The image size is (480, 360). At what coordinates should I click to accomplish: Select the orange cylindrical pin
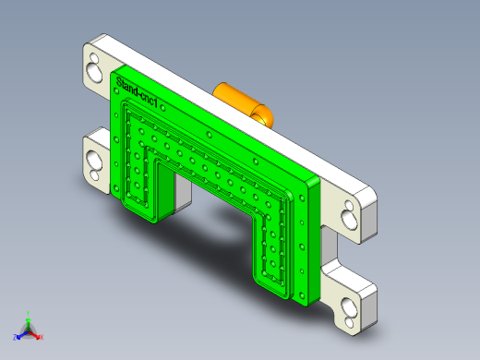pyautogui.click(x=238, y=99)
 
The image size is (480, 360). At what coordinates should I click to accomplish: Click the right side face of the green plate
pyautogui.click(x=313, y=240)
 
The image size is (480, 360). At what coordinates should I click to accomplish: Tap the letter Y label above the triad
pyautogui.click(x=29, y=313)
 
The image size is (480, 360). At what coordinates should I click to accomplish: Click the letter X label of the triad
pyautogui.click(x=42, y=338)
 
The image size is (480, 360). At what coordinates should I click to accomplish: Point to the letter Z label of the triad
pyautogui.click(x=15, y=338)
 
